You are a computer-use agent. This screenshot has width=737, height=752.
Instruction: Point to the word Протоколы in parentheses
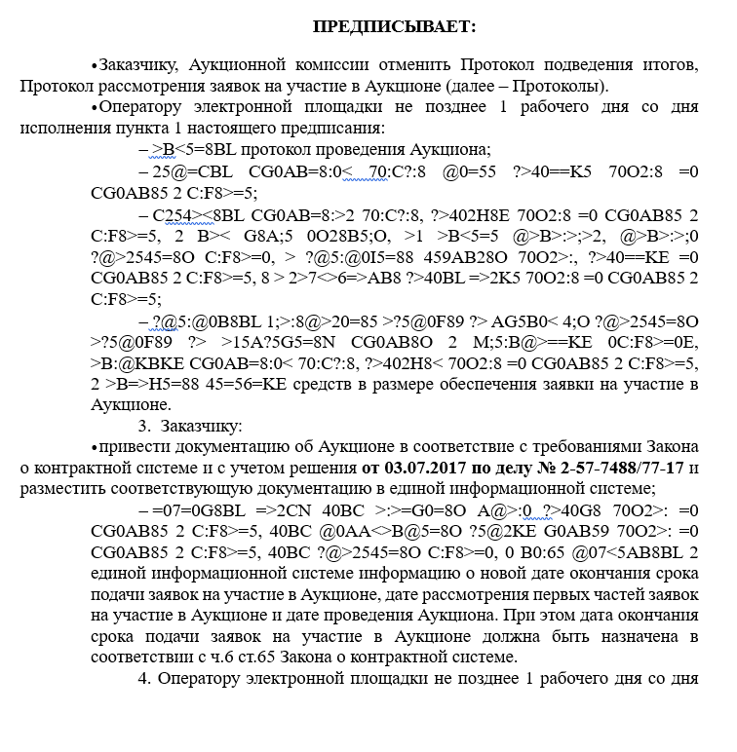point(584,86)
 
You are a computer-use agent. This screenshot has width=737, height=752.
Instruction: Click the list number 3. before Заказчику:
point(144,426)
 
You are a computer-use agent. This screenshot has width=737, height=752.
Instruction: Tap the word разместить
point(62,489)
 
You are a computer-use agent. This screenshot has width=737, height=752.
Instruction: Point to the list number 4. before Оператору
point(143,679)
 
